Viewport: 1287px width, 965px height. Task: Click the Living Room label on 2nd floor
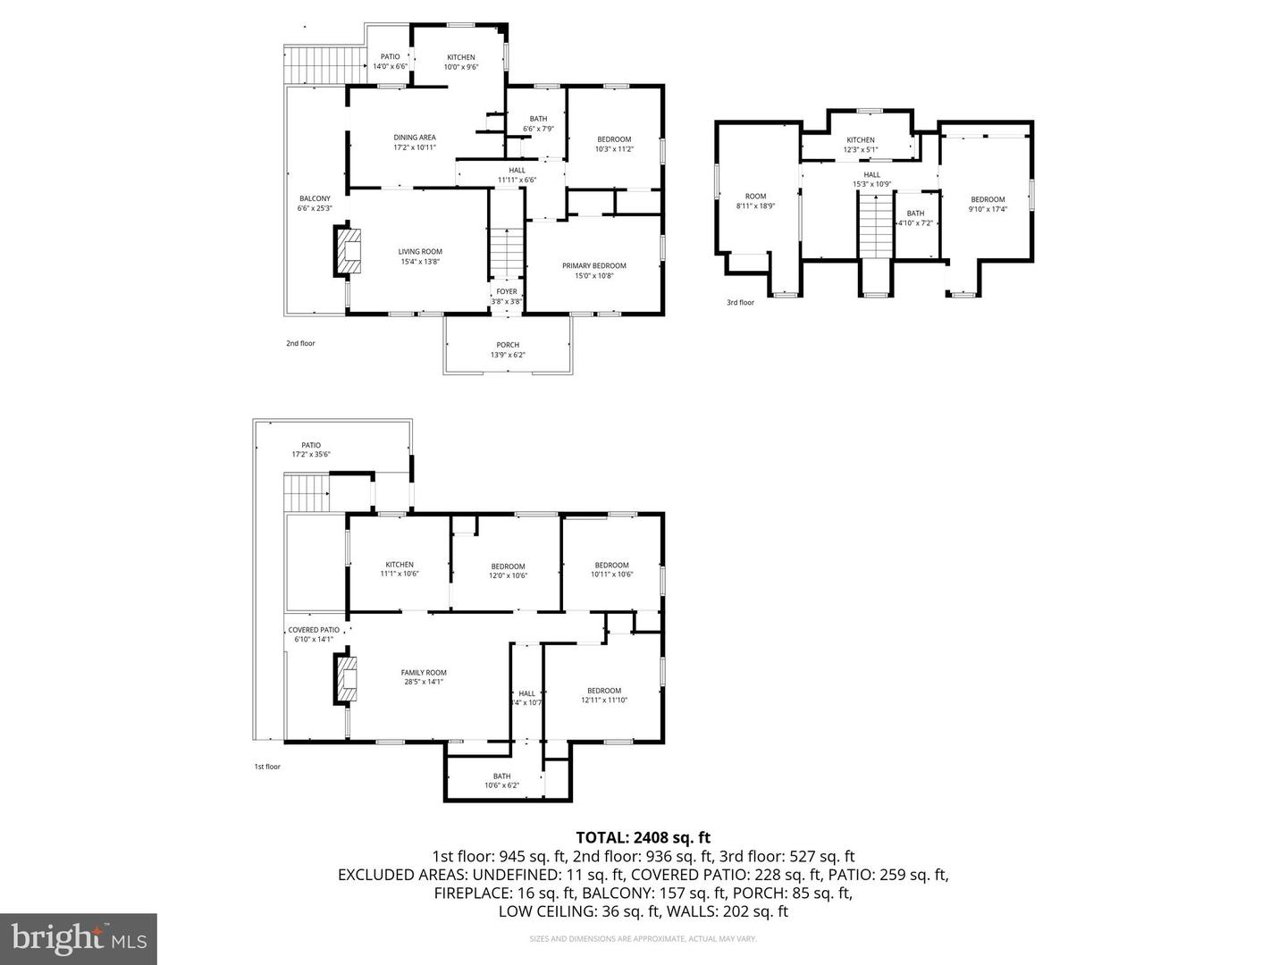420,256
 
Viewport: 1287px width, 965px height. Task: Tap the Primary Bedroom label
593,270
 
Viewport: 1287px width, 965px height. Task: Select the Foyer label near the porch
507,296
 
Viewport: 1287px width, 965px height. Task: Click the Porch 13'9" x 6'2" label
508,349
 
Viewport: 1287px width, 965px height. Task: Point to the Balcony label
315,203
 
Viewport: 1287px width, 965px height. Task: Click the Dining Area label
415,142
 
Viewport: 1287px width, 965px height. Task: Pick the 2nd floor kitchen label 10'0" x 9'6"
461,62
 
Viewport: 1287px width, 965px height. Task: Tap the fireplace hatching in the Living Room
349,252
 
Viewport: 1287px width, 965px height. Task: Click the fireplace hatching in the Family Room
348,679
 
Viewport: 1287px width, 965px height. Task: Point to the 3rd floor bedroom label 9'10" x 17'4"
988,204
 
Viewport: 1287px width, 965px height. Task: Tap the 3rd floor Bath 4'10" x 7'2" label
915,218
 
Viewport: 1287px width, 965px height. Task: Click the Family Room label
424,676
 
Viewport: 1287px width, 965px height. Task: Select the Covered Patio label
314,634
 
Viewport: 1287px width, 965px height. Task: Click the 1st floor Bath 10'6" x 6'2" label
501,780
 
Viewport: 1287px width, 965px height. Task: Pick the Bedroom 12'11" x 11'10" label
604,694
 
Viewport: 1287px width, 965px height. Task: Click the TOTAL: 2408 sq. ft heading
643,837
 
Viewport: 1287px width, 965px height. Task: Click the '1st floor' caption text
267,767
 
